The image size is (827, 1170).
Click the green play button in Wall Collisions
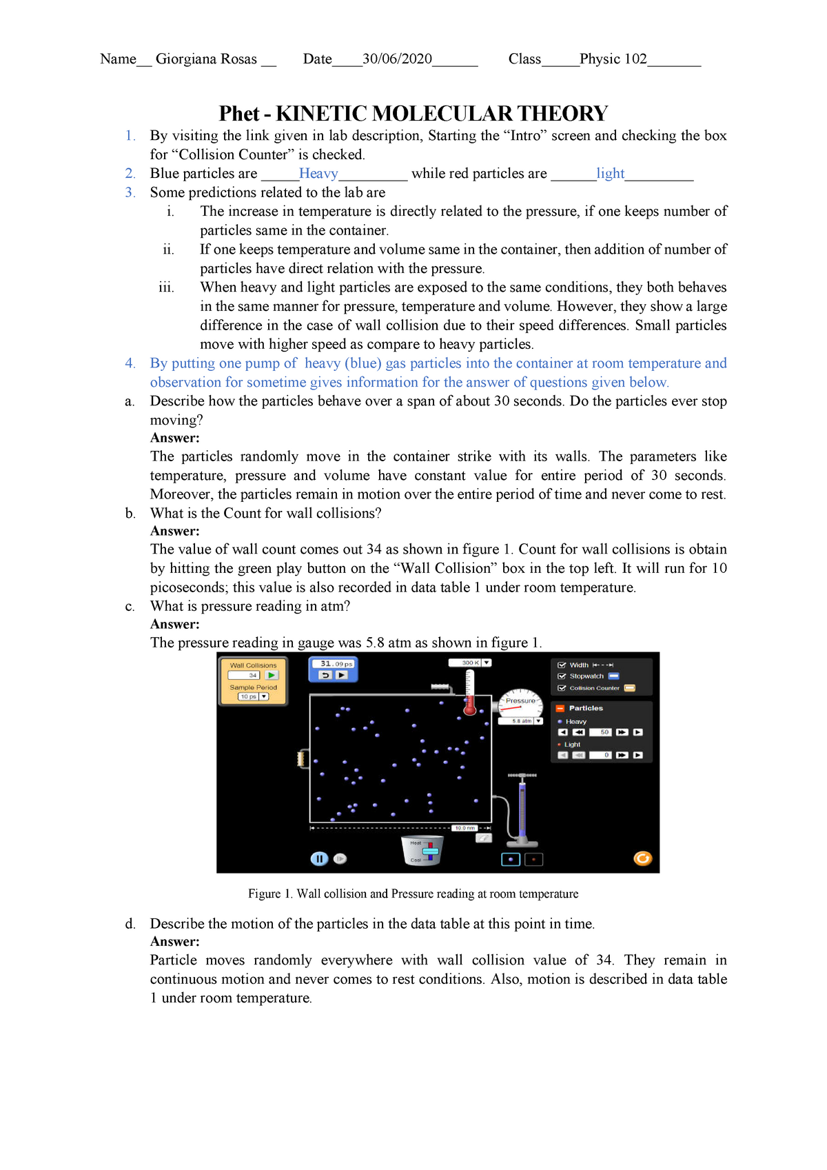tap(272, 676)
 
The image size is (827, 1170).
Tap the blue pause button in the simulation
tap(318, 858)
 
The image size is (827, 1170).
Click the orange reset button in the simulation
tap(642, 858)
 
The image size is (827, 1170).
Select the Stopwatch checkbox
tap(562, 676)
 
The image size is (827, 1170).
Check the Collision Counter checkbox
tap(562, 688)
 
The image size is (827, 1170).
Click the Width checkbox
tap(562, 665)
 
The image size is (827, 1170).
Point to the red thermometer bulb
tap(470, 709)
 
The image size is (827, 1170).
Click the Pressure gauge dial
tap(520, 703)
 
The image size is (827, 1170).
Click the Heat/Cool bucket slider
tap(430, 851)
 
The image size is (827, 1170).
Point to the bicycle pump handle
tap(522, 776)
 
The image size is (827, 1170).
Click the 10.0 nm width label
tap(464, 828)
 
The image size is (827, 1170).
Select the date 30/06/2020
tap(397, 59)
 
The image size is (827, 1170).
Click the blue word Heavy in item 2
tap(318, 174)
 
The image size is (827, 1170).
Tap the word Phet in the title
tap(238, 114)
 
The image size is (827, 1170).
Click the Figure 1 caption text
tap(413, 894)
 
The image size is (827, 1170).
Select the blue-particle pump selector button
tap(511, 860)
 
